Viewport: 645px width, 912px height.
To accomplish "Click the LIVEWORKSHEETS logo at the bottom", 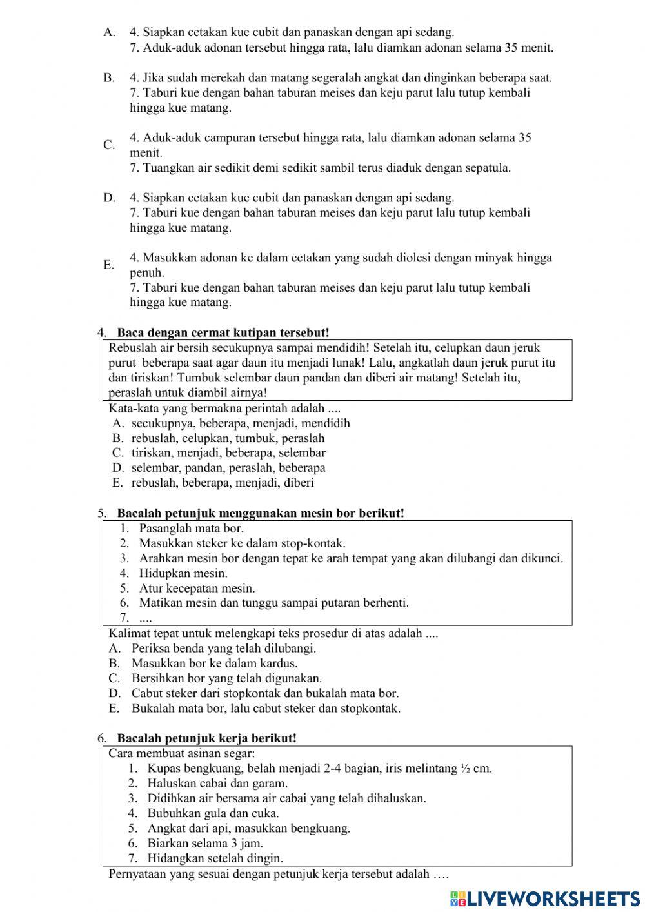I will pos(545,898).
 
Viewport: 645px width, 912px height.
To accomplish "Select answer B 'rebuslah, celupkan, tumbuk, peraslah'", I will pos(228,438).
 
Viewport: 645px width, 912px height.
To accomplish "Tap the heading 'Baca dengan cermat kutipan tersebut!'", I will pos(223,332).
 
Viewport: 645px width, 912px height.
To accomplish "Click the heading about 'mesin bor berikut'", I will pos(261,513).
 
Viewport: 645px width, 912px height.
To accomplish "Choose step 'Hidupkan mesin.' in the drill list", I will pos(183,573).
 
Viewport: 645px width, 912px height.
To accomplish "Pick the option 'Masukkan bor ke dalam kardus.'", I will pos(214,663).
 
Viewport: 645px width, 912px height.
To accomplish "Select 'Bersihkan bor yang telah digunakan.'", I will pos(226,678).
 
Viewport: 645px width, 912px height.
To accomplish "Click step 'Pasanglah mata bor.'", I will pos(192,528).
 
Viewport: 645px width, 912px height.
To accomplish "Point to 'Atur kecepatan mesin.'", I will pos(197,588).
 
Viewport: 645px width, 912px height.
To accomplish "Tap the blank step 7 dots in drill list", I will pos(146,618).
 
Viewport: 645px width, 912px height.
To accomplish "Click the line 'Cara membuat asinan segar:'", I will pos(182,753).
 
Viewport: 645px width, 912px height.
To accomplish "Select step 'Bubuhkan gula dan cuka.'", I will pos(213,813).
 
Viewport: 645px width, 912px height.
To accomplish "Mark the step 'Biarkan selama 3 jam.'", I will pos(205,843).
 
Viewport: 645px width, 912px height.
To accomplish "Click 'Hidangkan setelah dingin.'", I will pos(215,858).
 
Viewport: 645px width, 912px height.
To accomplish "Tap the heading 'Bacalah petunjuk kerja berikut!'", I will pos(206,738).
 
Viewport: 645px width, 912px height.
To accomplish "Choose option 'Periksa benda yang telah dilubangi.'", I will pos(224,648).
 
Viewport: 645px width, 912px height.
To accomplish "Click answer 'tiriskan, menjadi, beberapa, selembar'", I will pos(228,453).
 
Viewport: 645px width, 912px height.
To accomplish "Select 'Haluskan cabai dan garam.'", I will pos(217,783).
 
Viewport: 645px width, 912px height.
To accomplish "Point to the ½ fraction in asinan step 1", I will pos(466,768).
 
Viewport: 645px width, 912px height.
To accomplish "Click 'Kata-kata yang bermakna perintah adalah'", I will pos(224,409).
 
